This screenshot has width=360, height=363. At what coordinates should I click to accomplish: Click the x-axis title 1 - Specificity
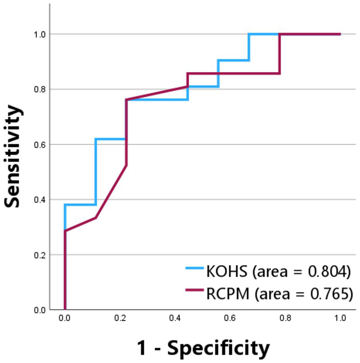(x=203, y=348)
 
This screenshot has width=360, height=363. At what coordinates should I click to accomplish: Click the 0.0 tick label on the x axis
(x=65, y=318)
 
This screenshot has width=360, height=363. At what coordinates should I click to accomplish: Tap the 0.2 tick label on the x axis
(x=120, y=318)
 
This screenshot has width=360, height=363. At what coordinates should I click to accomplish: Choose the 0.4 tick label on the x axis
(x=175, y=318)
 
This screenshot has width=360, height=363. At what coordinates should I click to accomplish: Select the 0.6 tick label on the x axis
(x=230, y=318)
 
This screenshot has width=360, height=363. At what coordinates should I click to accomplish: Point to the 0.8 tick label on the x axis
(x=285, y=318)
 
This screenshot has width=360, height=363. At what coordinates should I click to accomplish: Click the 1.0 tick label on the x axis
(x=340, y=318)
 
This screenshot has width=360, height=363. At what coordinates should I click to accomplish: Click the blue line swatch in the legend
(x=195, y=268)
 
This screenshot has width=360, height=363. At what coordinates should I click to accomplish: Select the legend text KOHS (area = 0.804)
(x=278, y=271)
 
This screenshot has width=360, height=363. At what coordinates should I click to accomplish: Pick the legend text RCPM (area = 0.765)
(x=279, y=293)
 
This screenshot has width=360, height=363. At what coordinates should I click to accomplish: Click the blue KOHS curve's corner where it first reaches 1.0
(x=249, y=34)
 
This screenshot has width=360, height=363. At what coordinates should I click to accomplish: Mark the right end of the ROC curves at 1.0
(x=340, y=34)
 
